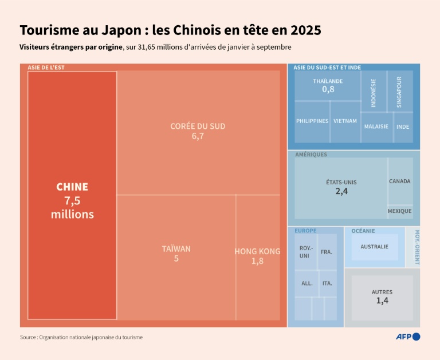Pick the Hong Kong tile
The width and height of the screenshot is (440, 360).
(257, 256)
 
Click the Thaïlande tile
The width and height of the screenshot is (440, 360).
(328, 85)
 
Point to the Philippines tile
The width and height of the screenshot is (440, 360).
(312, 121)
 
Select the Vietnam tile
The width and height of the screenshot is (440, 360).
(345, 121)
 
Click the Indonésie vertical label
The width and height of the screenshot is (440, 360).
(374, 93)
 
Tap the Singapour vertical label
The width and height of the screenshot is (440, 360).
(399, 92)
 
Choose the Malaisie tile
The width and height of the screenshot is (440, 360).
(376, 126)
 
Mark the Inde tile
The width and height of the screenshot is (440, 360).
(403, 126)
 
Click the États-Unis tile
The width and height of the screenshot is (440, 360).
(341, 187)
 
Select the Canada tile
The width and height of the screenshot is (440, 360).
(400, 181)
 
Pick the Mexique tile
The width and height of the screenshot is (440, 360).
(400, 211)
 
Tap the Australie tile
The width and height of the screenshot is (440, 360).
(375, 247)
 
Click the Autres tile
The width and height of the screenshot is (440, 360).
(382, 296)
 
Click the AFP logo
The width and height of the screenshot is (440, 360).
(408, 337)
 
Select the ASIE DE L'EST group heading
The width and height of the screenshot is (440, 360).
(46, 68)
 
